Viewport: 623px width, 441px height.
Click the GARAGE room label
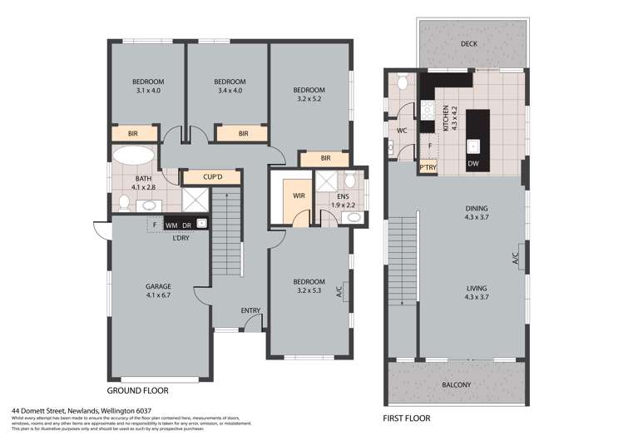[158, 286]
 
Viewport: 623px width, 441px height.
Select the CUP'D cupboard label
[210, 177]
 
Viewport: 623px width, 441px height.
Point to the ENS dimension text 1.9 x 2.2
[338, 204]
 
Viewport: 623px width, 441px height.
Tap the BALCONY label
[456, 384]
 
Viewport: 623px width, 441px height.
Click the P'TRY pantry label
[428, 167]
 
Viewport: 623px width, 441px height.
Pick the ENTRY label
[250, 311]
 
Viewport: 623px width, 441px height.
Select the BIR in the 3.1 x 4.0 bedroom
[133, 133]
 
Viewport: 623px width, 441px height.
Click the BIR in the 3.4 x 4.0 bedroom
[243, 133]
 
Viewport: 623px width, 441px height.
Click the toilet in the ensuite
[351, 179]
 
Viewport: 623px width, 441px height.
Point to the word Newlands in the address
[81, 410]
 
